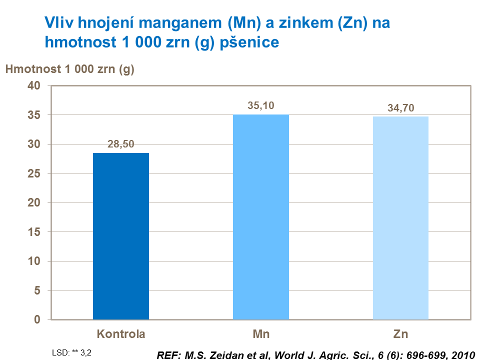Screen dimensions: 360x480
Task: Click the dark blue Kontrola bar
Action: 121,236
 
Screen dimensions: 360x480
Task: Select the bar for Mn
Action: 261,217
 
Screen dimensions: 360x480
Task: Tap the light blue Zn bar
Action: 400,218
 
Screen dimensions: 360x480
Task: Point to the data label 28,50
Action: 121,144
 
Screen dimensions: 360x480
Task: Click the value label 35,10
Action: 261,105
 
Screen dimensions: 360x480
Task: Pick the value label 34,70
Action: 400,107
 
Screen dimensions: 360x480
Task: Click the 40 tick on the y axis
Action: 34,86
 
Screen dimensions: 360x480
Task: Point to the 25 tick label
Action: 34,174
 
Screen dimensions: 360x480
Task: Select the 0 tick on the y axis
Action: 37,319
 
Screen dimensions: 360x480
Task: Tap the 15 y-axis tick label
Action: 34,232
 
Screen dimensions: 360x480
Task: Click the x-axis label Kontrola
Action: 121,333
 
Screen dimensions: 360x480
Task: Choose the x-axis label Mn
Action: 261,333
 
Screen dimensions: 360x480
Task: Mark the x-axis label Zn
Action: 400,333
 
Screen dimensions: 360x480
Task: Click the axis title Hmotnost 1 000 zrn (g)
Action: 69,69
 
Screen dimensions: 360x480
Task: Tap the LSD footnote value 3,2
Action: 86,351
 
